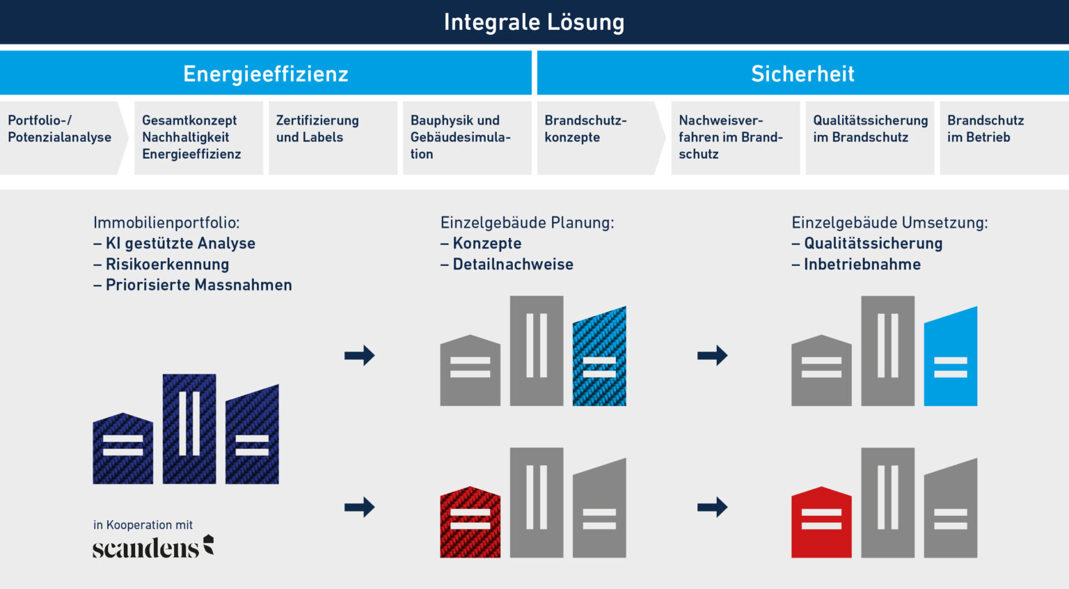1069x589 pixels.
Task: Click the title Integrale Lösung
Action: tap(534, 22)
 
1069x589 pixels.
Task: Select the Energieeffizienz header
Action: tap(265, 74)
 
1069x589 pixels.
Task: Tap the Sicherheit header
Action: tap(802, 74)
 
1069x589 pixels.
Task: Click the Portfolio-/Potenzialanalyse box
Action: tap(60, 137)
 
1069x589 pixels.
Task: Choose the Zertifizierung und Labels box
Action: tap(332, 137)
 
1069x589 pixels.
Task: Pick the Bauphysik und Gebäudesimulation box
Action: tap(466, 137)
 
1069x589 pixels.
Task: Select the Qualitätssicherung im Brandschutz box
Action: tap(869, 137)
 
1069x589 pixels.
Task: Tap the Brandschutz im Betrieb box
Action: tap(1003, 137)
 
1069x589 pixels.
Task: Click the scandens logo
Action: tap(153, 547)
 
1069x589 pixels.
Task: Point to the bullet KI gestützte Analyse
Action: tap(180, 244)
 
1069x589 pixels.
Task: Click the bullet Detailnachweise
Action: tap(512, 265)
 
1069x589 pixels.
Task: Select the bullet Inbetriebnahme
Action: tap(862, 265)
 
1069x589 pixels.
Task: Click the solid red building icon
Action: tap(821, 523)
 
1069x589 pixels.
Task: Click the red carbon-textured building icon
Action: tap(470, 523)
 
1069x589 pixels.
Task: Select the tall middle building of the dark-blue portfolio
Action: tap(189, 428)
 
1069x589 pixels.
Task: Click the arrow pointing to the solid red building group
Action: tap(712, 507)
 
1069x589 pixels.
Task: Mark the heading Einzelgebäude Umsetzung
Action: tap(889, 223)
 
